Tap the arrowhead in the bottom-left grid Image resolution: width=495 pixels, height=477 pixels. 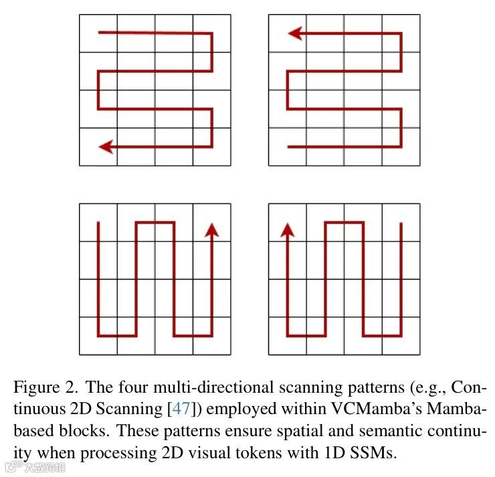pos(212,229)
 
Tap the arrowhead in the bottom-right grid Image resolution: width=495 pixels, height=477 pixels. pos(288,229)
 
